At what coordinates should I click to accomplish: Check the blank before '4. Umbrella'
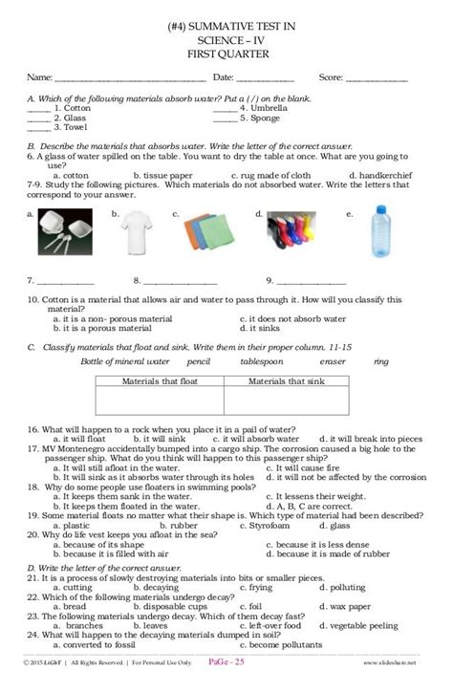pyautogui.click(x=225, y=109)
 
